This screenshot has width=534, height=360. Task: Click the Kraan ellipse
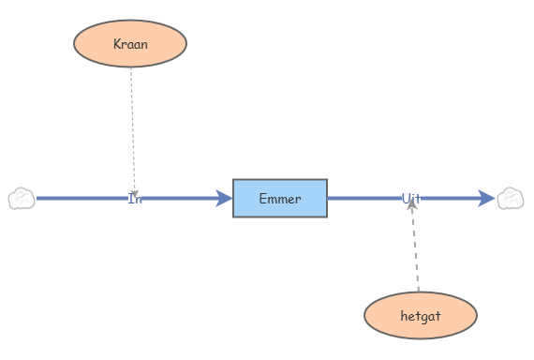click(130, 43)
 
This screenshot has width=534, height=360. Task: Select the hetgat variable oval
click(420, 316)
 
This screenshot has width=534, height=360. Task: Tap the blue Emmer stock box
click(280, 198)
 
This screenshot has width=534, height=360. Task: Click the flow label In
click(135, 199)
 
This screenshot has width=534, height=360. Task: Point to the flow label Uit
click(411, 199)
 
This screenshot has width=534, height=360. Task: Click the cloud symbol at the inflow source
click(22, 199)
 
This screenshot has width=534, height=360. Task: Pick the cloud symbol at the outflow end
click(511, 199)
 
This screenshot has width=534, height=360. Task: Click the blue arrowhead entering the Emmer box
click(224, 198)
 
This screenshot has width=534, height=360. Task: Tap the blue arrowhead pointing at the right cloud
click(486, 198)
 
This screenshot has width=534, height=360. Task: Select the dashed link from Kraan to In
click(132, 122)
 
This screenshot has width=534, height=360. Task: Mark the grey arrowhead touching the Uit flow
click(411, 205)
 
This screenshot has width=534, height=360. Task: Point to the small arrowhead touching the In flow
click(135, 192)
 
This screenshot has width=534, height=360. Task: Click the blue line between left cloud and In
click(80, 198)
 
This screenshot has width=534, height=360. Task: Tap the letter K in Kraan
click(117, 44)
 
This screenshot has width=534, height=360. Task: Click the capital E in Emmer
click(262, 199)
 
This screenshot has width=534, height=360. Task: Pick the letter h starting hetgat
click(403, 316)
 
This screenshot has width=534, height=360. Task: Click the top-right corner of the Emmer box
click(327, 179)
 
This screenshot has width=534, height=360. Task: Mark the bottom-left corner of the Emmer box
click(233, 217)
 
